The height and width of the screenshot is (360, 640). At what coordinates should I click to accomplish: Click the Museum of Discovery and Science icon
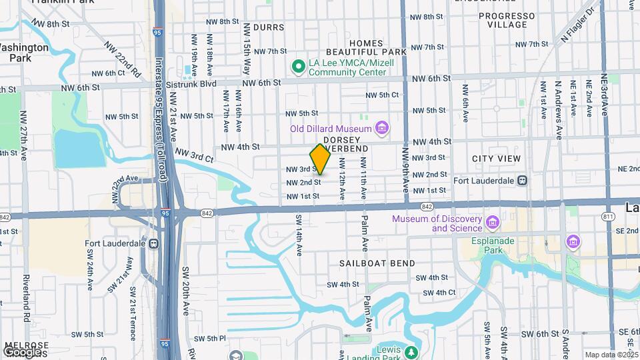coord(493,222)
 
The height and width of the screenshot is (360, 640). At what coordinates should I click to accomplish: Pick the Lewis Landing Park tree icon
coord(412,352)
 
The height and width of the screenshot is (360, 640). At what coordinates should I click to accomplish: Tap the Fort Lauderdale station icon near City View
coord(523,180)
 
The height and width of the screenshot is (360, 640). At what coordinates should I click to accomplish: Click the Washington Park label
coord(23,53)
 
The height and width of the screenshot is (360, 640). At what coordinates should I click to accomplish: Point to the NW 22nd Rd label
coord(123,59)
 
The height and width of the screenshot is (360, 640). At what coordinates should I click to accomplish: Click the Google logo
coord(22,351)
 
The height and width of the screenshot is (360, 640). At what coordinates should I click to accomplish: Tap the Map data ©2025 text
coord(611,355)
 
